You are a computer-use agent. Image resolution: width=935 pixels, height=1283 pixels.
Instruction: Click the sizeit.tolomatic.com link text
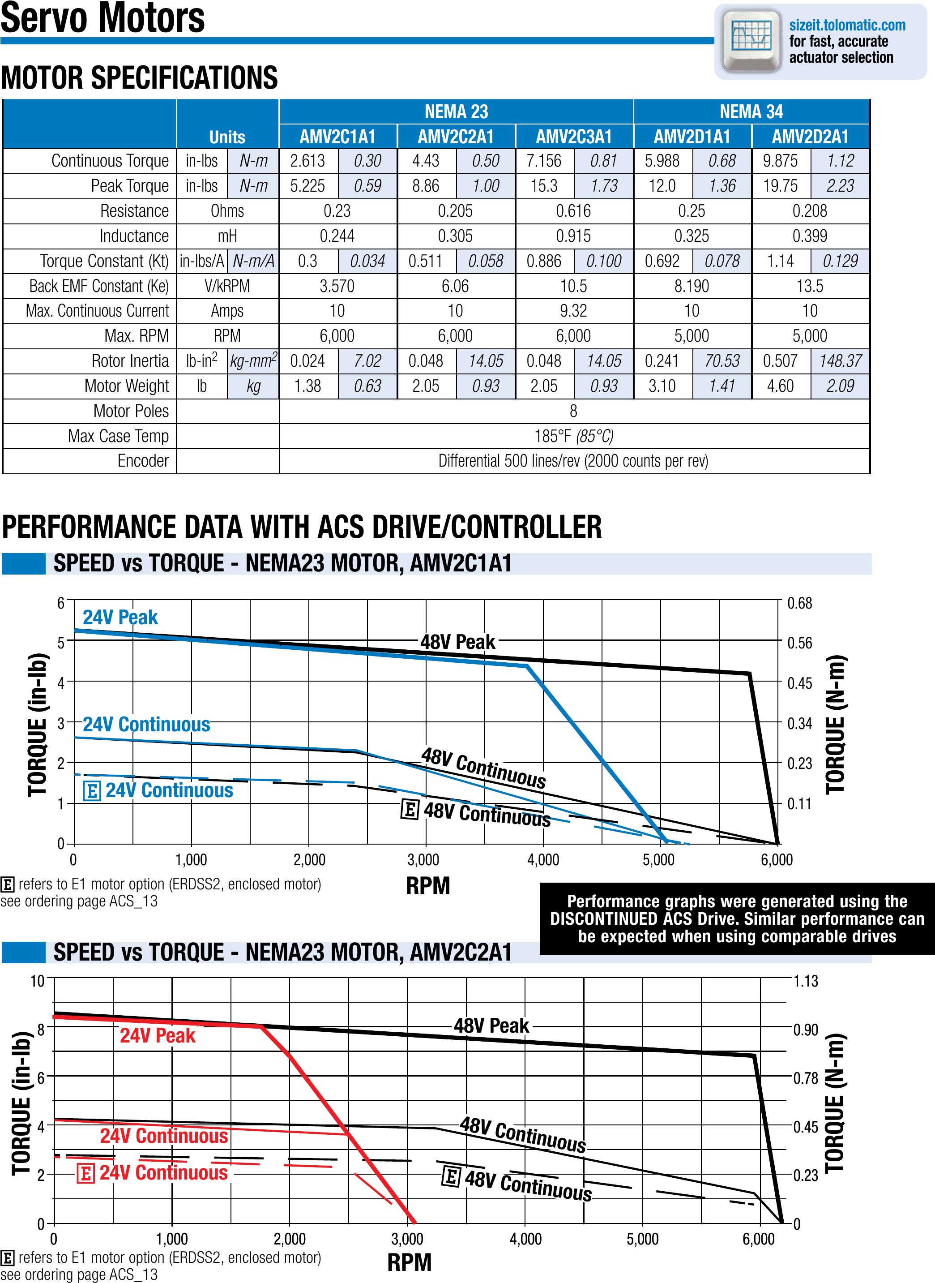tap(847, 25)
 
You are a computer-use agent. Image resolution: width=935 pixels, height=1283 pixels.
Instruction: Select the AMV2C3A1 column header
tap(573, 137)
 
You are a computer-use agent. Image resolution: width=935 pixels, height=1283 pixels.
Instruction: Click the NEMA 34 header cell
tap(751, 112)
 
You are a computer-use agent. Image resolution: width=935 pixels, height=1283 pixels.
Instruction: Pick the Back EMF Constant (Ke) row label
tap(99, 286)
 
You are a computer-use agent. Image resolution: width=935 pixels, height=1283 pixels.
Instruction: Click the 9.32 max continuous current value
tap(573, 311)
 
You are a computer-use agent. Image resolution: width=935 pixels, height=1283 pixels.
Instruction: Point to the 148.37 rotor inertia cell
tap(840, 360)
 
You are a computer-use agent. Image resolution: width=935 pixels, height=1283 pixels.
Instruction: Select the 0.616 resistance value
tap(573, 211)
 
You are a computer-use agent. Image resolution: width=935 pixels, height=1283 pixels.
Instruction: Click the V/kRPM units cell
tap(227, 286)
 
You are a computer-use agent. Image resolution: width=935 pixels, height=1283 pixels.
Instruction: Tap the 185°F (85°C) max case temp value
tap(573, 436)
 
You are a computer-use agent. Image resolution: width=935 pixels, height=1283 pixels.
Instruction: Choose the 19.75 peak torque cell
tap(780, 186)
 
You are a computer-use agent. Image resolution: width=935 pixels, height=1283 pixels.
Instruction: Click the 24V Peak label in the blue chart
tap(120, 617)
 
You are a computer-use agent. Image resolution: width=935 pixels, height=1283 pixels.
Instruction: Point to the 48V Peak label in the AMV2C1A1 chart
tap(457, 642)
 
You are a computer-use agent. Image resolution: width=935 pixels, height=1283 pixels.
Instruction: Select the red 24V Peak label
tap(158, 1035)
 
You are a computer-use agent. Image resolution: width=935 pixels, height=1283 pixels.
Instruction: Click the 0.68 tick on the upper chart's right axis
tap(799, 603)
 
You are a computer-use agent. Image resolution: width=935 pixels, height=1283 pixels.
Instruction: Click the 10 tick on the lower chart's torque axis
tap(37, 981)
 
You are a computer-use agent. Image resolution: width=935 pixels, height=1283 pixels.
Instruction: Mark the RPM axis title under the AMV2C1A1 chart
tap(428, 885)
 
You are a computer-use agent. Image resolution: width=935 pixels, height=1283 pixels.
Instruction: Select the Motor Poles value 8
tap(573, 411)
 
